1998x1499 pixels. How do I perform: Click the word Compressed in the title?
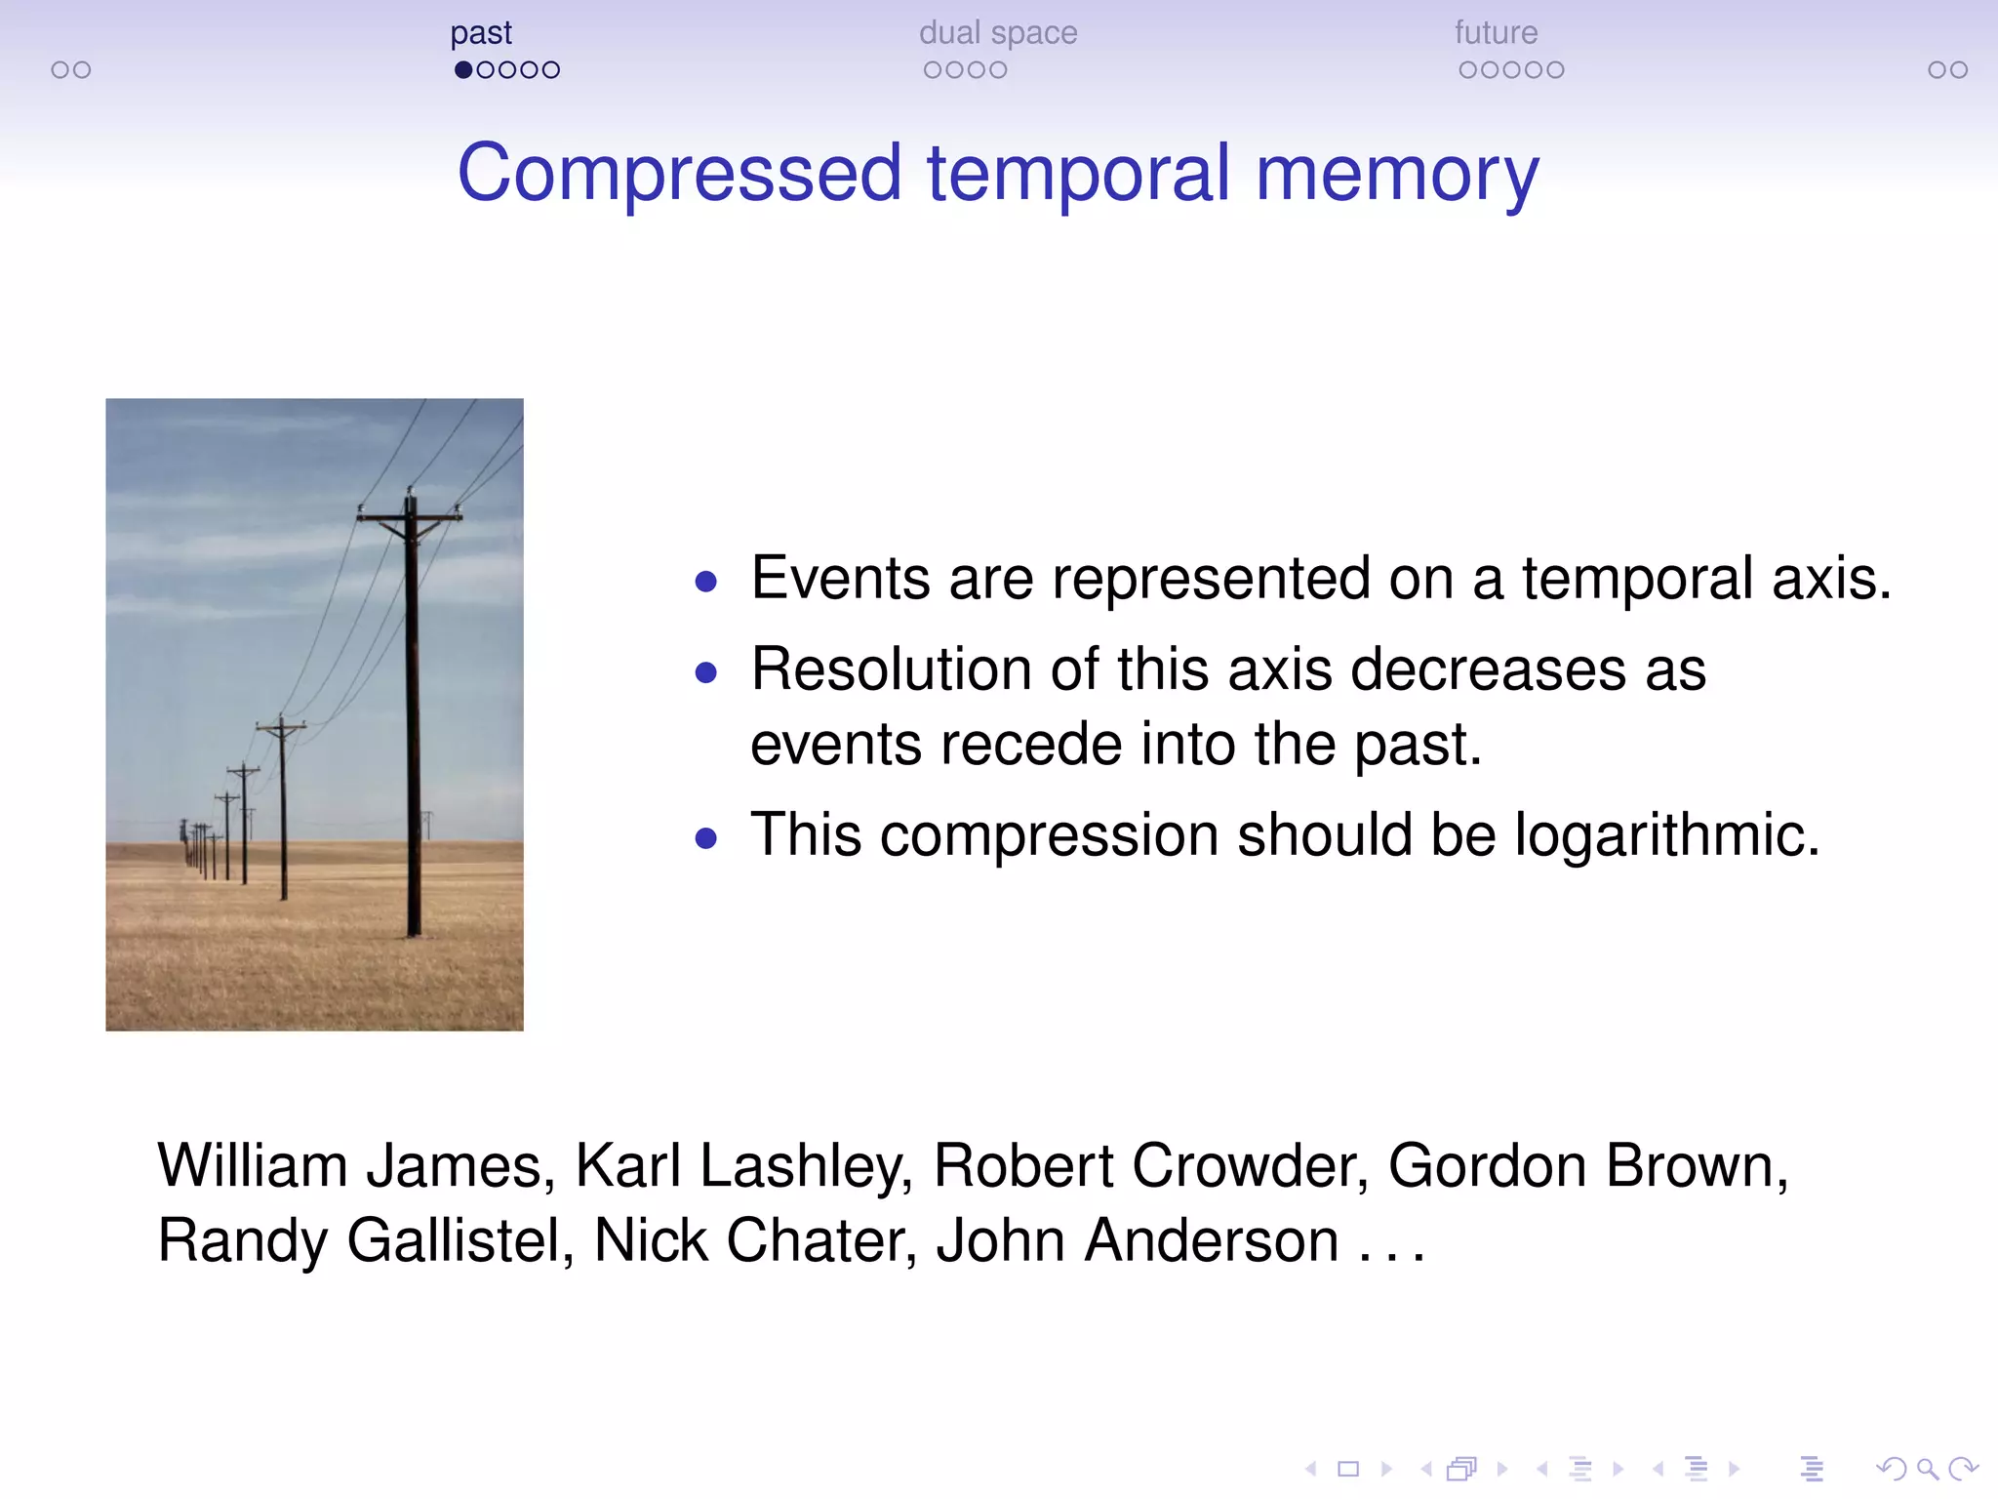pos(679,174)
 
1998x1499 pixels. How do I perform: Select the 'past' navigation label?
pos(481,33)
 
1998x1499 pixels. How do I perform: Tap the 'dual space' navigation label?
pos(998,33)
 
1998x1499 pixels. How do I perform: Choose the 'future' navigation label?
pos(1496,33)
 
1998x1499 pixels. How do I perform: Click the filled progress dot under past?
pos(463,70)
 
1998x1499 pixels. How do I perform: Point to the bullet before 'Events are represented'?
pos(706,583)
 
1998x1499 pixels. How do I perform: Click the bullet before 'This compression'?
pos(706,838)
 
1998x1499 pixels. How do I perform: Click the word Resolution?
pos(892,670)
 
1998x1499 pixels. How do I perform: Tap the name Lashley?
pos(805,1166)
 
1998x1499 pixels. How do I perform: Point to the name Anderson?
pos(1211,1240)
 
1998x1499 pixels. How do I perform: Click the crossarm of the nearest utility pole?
pos(410,517)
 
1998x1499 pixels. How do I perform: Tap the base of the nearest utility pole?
pos(414,932)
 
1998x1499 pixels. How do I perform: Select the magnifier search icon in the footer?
pos(1927,1469)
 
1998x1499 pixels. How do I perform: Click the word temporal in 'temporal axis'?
pos(1637,579)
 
